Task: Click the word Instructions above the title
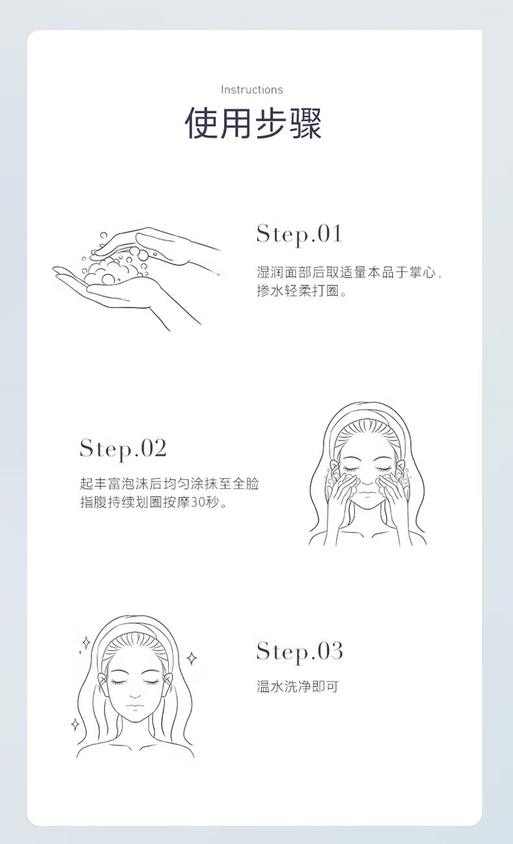click(251, 90)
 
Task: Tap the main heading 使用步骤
click(253, 123)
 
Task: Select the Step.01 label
click(299, 234)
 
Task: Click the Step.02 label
click(123, 449)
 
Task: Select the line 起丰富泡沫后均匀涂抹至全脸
click(169, 483)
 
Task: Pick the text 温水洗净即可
click(297, 686)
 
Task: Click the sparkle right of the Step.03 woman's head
click(192, 658)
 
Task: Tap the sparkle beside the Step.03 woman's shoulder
click(75, 724)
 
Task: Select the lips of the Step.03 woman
click(134, 706)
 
